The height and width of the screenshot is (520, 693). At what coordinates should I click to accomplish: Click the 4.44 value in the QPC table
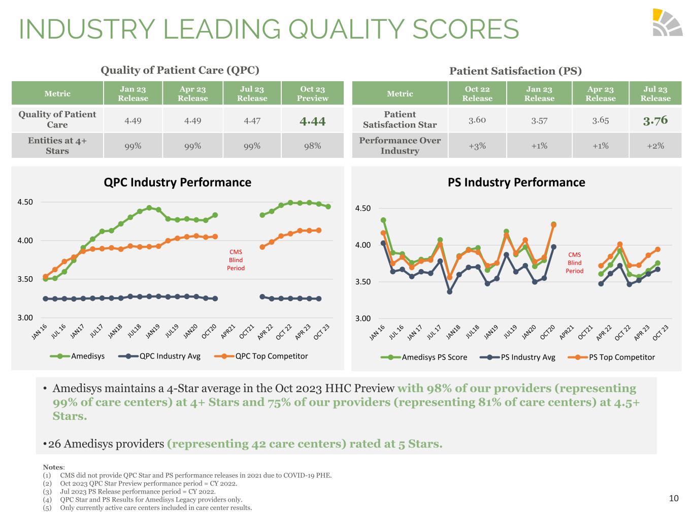[312, 121]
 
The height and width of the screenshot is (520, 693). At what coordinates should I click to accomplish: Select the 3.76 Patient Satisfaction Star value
[655, 120]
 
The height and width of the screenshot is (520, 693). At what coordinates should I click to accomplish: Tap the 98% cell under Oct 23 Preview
[312, 146]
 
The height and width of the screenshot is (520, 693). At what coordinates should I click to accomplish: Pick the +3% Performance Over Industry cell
[477, 146]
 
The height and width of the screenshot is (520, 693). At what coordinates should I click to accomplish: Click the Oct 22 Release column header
[477, 93]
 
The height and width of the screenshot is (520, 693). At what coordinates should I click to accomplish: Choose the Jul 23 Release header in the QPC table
[252, 93]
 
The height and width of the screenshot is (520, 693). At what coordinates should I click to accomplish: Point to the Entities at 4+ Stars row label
[57, 146]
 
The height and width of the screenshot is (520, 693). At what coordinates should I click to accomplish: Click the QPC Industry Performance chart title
[177, 182]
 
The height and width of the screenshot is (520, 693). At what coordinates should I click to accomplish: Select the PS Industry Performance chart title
[516, 182]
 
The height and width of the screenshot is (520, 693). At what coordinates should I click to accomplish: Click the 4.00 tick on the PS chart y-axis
[362, 245]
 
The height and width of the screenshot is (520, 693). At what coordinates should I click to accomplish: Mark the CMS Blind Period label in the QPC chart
[236, 260]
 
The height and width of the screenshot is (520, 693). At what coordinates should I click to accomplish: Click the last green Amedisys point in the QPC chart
[328, 207]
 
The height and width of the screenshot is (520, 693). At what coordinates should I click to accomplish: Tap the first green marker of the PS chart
[383, 220]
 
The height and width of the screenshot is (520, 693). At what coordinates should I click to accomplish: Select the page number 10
[674, 498]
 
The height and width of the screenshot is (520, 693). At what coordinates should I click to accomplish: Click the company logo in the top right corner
[667, 22]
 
